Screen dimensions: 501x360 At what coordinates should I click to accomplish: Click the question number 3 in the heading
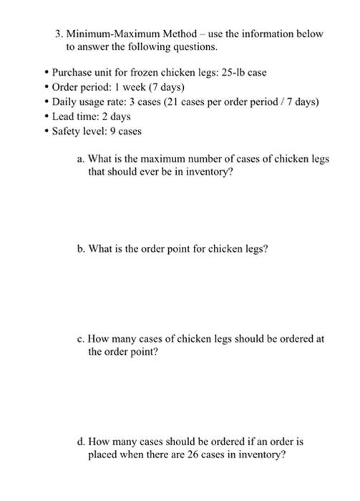point(59,34)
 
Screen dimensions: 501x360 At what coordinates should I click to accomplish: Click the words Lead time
point(75,117)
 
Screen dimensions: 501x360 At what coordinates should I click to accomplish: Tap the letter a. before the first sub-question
point(81,159)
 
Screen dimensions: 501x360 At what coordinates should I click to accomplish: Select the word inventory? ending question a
point(209,172)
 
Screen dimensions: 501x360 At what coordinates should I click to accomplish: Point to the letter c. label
point(81,339)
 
